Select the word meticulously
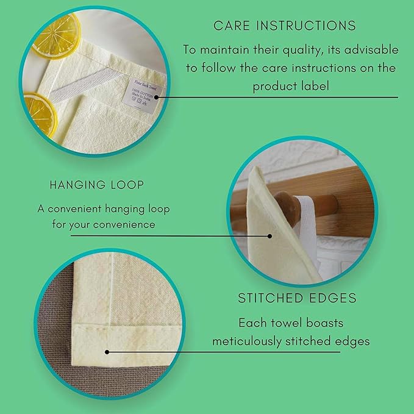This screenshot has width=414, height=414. [x=253, y=341]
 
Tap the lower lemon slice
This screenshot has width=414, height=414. [x=38, y=113]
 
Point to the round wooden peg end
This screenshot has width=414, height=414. [x=284, y=205]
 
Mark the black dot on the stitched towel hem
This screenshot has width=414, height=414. [x=107, y=352]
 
